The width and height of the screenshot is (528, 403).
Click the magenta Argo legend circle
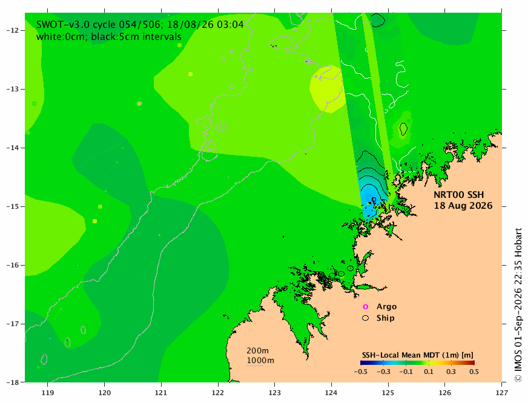tap(365, 307)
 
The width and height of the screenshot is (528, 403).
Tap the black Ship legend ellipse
tap(365, 318)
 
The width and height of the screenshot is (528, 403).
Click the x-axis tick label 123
tap(274, 393)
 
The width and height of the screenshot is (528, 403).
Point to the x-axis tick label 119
tap(47, 393)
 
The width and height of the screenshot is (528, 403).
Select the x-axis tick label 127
tap(502, 393)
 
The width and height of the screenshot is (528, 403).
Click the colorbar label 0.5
tap(474, 372)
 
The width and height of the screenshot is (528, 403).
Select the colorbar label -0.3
tap(383, 372)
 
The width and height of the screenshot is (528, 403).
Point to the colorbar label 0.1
tap(429, 372)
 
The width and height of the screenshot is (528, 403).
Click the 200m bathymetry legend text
tap(257, 350)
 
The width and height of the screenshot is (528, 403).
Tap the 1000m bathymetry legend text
tap(260, 361)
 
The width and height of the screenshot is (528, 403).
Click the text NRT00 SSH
tap(458, 195)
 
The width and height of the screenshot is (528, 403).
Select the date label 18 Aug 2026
tap(463, 206)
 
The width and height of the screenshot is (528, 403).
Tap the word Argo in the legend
tap(386, 307)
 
